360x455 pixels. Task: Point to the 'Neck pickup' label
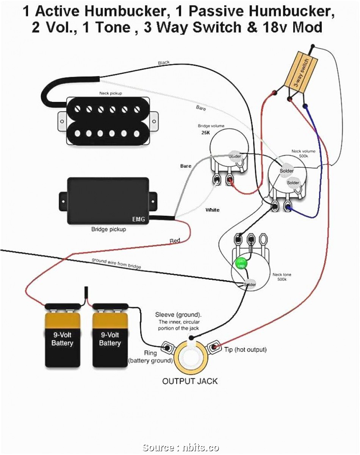click(x=111, y=93)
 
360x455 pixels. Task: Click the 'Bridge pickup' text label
click(x=108, y=229)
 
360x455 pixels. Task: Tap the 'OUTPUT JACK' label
click(x=190, y=381)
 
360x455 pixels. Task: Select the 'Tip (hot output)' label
click(x=245, y=349)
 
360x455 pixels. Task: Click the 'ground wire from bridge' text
click(x=116, y=263)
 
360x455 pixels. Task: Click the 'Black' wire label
click(x=164, y=62)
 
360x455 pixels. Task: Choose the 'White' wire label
click(x=212, y=210)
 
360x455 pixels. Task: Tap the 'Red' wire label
click(x=175, y=241)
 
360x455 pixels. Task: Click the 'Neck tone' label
click(x=282, y=274)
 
